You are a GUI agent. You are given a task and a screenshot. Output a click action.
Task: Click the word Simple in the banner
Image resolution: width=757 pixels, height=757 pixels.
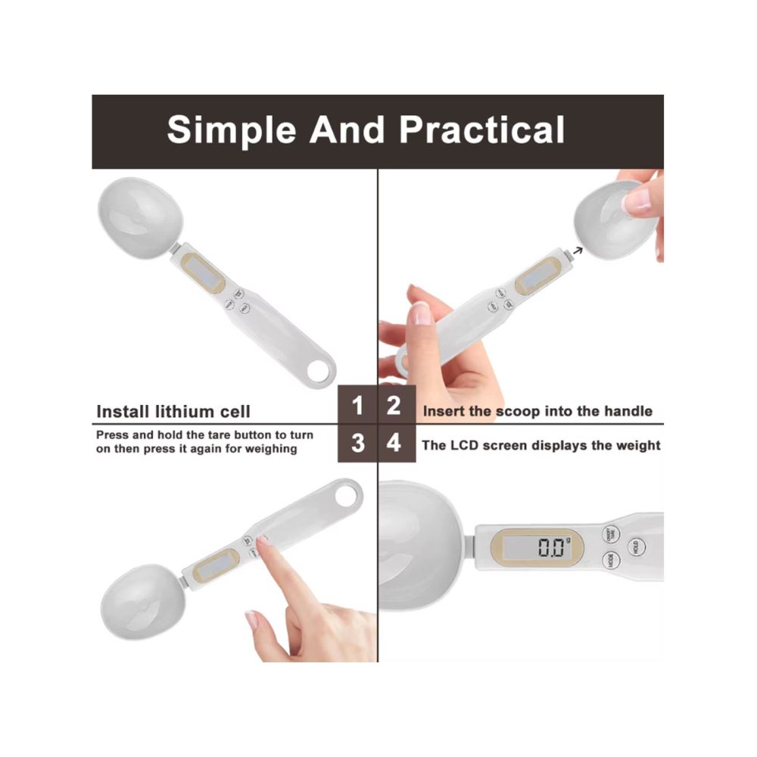click(231, 130)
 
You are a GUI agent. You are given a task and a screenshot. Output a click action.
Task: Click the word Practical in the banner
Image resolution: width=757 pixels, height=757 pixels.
click(481, 129)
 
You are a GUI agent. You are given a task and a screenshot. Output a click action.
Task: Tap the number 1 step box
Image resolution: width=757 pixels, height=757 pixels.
click(357, 404)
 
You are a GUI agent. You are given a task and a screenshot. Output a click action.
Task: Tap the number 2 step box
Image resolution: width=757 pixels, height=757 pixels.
click(397, 404)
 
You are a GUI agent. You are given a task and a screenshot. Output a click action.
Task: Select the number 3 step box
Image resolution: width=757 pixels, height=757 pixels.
click(357, 443)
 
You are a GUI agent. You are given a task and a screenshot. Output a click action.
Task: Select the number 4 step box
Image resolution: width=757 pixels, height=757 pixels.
click(397, 443)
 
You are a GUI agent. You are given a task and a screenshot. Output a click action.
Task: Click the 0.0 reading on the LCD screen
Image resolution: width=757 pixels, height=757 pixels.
click(553, 547)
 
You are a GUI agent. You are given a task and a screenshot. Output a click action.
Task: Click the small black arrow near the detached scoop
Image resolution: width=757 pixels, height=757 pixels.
click(578, 251)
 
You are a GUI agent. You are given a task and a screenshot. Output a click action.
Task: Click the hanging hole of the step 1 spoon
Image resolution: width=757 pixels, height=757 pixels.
click(319, 371)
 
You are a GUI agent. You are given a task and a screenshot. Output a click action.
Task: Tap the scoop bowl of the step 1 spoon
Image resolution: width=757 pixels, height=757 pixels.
click(141, 218)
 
